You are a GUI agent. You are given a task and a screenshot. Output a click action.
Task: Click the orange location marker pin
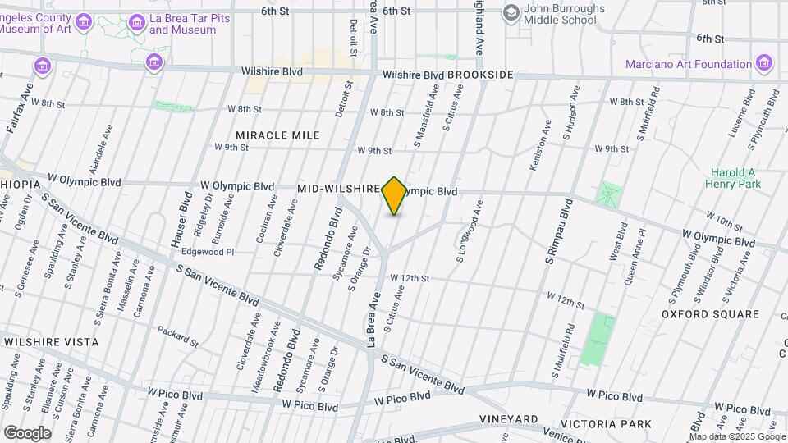[x=394, y=195]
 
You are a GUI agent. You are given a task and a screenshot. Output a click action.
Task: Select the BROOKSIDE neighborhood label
[x=480, y=75]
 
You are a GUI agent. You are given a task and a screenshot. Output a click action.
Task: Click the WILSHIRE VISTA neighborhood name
[x=51, y=341]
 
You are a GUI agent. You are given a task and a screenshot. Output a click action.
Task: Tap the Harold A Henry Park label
[x=733, y=178]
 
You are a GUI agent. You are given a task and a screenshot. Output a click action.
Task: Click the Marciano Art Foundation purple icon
[x=765, y=63]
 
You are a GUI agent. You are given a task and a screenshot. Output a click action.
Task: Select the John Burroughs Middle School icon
[x=511, y=12]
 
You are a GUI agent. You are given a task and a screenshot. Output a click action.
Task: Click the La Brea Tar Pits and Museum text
[x=182, y=24]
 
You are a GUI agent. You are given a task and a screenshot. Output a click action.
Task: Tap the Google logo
[x=27, y=432]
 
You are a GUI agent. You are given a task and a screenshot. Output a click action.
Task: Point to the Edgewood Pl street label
[x=208, y=252]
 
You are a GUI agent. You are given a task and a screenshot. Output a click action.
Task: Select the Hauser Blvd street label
[x=180, y=220]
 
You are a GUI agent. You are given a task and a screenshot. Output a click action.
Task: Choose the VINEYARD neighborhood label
[x=509, y=419]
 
